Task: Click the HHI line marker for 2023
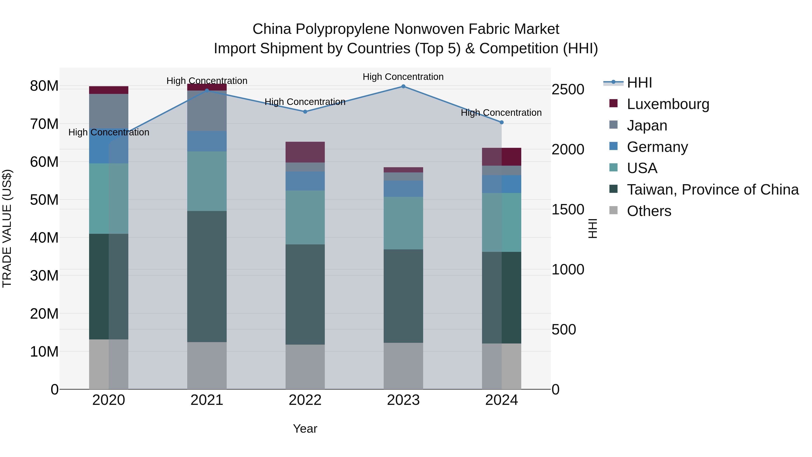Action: [403, 86]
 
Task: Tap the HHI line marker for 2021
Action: [207, 90]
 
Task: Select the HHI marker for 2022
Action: [305, 112]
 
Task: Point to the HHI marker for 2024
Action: [501, 122]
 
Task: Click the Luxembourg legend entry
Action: [668, 104]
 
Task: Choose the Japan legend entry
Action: [647, 125]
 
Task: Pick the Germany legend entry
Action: [657, 147]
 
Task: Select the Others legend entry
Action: [649, 211]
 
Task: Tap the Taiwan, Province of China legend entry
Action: [712, 190]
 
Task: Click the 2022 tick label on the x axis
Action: [305, 400]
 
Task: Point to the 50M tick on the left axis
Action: [44, 200]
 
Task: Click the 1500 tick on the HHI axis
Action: [568, 209]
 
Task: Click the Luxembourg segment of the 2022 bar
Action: [305, 152]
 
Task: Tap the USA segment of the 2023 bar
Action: [403, 223]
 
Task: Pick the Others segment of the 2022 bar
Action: [305, 367]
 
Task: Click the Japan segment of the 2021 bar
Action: [207, 111]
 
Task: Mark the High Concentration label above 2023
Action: [403, 77]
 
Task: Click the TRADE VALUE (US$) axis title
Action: [7, 228]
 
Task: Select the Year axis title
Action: [305, 429]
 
